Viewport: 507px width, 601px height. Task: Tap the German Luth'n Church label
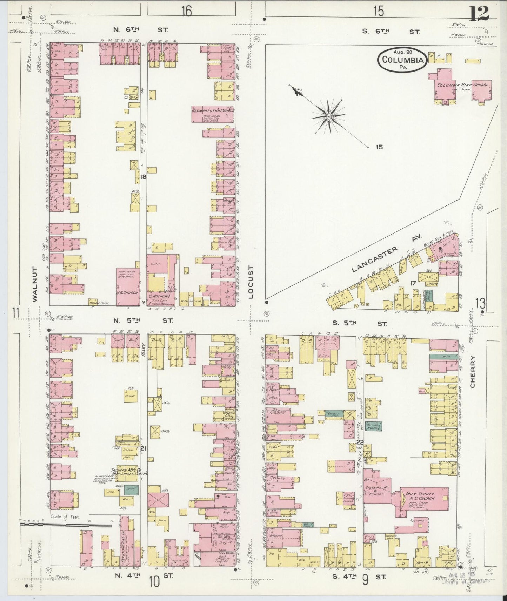[x=213, y=111]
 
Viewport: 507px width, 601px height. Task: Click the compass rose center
[x=329, y=116]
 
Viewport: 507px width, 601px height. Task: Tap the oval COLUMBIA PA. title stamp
[x=402, y=60]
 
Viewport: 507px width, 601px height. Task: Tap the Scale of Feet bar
[x=65, y=525]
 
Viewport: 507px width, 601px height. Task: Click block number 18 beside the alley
[x=143, y=177]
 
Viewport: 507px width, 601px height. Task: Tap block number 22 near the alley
[x=360, y=443]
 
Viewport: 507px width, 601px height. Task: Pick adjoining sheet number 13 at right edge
[x=481, y=303]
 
